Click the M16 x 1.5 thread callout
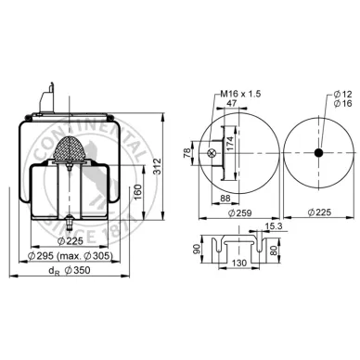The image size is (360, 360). (240, 94)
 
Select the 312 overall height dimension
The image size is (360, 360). (158, 166)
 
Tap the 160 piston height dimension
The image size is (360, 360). (138, 192)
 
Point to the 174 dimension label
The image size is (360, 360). (230, 144)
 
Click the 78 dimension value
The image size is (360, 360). (187, 153)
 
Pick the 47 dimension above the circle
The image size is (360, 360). (232, 103)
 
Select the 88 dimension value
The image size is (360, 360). (225, 198)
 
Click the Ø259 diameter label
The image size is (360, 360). (239, 212)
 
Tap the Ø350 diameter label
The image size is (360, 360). (78, 270)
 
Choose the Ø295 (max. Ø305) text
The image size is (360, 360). (71, 256)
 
